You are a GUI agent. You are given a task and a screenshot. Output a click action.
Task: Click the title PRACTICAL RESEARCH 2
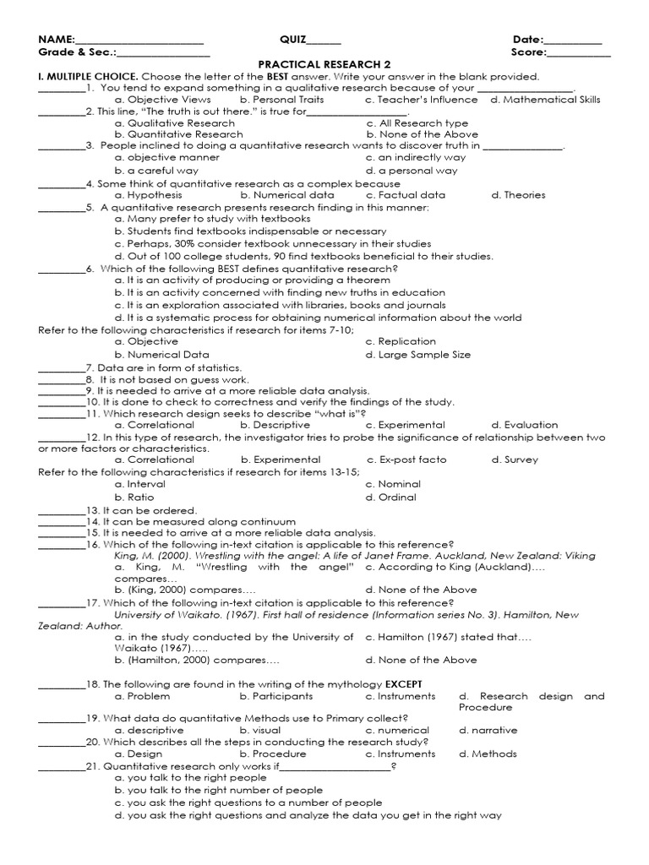click(324, 64)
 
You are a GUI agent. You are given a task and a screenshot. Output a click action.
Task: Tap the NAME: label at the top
click(57, 40)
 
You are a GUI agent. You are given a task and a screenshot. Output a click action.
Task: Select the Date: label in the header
click(528, 40)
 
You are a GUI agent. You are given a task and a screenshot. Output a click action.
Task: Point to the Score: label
click(529, 52)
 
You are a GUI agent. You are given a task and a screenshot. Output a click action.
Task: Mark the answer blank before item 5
click(61, 208)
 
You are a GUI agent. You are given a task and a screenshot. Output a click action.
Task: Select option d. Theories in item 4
click(518, 195)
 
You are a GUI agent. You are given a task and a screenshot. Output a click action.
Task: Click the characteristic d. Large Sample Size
click(418, 355)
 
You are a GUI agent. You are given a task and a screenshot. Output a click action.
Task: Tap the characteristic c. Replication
click(401, 342)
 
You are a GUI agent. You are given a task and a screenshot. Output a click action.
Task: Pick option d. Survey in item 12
click(515, 460)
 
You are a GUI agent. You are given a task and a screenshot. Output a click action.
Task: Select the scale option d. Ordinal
click(391, 498)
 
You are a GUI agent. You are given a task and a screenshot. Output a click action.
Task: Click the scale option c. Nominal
click(393, 485)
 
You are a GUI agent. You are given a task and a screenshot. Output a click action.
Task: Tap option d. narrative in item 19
click(488, 731)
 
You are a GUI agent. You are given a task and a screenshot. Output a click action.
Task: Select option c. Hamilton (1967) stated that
click(449, 637)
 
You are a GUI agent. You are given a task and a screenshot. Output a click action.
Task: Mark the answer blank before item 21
click(61, 766)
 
